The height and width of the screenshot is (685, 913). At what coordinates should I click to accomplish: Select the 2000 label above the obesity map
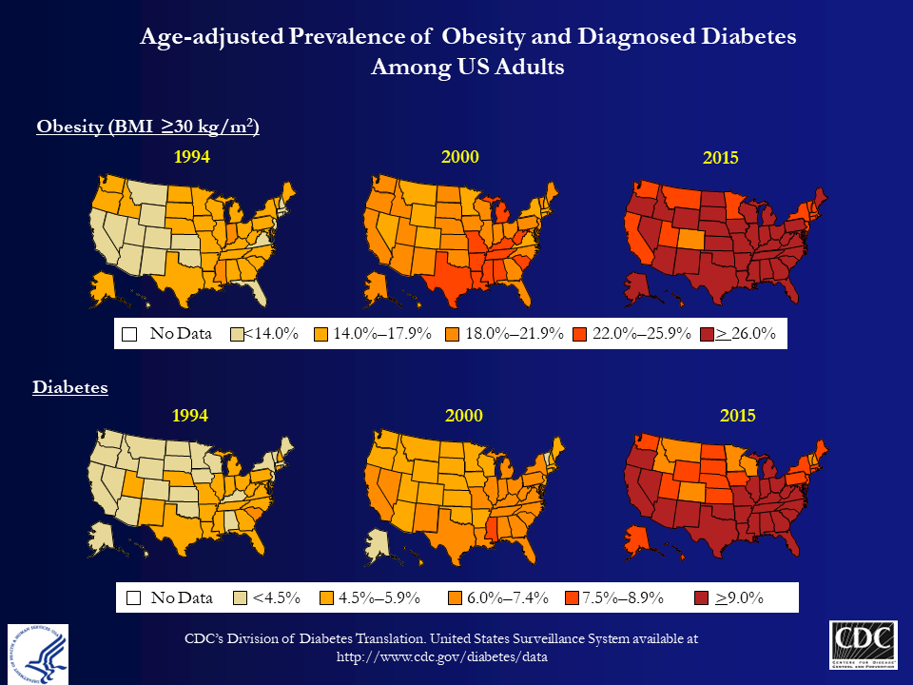pos(460,157)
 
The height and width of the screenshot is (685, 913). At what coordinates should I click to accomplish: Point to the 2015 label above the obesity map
pos(720,159)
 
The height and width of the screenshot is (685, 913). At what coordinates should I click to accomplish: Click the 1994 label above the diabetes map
pos(190,416)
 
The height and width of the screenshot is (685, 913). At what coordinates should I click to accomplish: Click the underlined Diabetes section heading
pos(69,387)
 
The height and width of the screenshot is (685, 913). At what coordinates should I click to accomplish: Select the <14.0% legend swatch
pos(238,335)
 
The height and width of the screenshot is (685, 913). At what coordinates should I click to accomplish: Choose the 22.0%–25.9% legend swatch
pos(580,335)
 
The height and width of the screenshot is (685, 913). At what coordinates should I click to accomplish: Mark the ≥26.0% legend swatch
pos(707,335)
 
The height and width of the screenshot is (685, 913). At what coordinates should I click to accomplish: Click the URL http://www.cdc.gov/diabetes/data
pos(443,656)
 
